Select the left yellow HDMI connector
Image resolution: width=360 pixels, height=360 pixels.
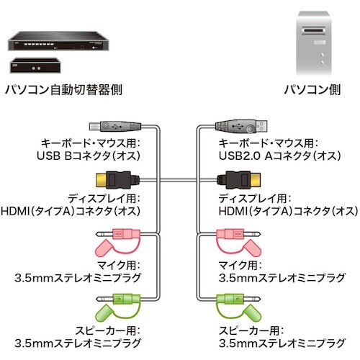pos(114,178)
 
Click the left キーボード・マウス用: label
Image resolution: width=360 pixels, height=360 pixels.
pos(89,143)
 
